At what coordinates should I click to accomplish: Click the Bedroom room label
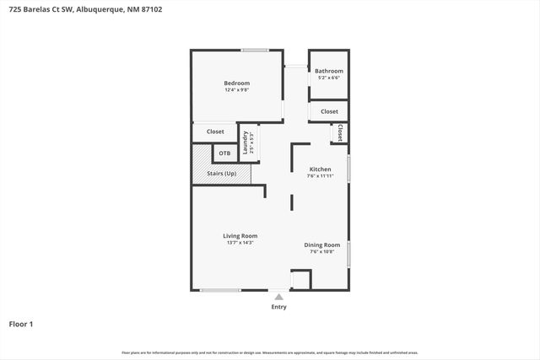point(236,83)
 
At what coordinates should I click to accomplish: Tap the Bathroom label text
point(329,72)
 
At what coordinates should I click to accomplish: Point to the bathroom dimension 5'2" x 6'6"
point(329,78)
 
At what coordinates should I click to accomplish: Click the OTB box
point(224,153)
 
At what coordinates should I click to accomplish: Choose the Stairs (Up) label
point(221,174)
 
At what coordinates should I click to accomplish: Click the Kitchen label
point(321,169)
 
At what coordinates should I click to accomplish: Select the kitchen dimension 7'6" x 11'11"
point(321,176)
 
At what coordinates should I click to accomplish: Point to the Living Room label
point(240,235)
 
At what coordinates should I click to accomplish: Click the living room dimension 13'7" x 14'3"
point(240,243)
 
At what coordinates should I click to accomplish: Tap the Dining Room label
point(321,244)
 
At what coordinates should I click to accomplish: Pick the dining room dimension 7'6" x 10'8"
point(321,251)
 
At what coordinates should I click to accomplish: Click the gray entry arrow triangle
point(278,297)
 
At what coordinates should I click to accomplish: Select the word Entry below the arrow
point(278,307)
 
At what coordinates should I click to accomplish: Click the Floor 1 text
point(21,324)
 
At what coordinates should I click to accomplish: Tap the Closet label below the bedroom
point(215,132)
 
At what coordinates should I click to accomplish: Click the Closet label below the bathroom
point(329,111)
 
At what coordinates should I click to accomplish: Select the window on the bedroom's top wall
point(255,51)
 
